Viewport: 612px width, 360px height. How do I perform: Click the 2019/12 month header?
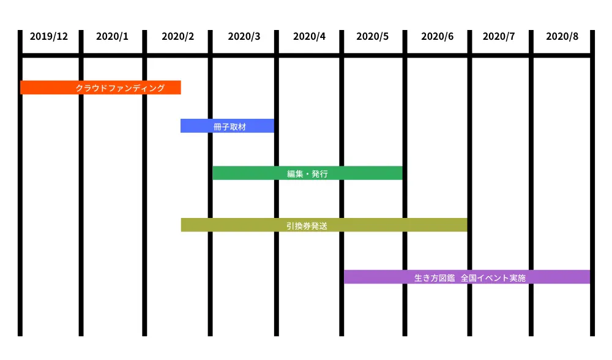point(49,36)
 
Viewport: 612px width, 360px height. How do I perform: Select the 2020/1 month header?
point(113,36)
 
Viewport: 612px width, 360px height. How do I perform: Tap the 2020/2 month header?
point(178,36)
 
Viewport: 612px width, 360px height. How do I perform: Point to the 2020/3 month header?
point(244,36)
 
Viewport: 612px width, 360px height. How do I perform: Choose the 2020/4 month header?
point(310,36)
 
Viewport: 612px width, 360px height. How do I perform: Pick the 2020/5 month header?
point(373,36)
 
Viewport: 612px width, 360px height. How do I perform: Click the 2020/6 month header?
point(438,36)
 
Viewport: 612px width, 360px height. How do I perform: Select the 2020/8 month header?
point(562,36)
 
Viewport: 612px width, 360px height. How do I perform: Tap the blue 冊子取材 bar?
point(196,126)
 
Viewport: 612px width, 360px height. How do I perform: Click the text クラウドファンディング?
point(120,88)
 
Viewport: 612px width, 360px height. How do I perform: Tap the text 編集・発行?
point(308,174)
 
